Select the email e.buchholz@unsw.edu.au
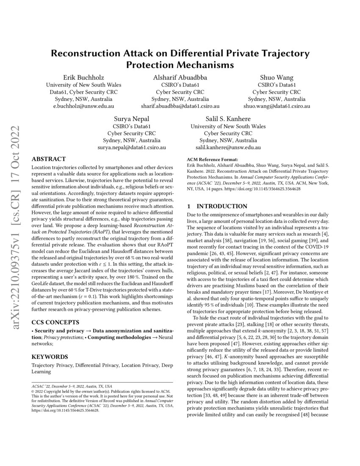click(83, 106)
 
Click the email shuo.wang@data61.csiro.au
click(277, 106)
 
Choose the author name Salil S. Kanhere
click(228, 119)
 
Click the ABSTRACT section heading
click(49, 159)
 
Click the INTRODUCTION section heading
click(223, 206)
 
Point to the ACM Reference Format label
click(214, 159)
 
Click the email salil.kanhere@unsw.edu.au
click(228, 147)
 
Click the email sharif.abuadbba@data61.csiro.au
click(180, 106)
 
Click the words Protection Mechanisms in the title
click(180, 65)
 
